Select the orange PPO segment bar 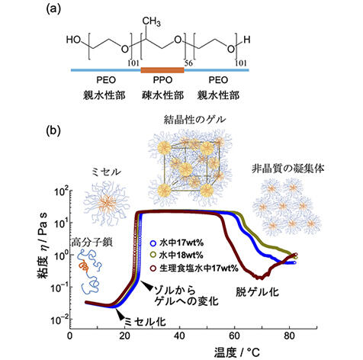click(x=162, y=70)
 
